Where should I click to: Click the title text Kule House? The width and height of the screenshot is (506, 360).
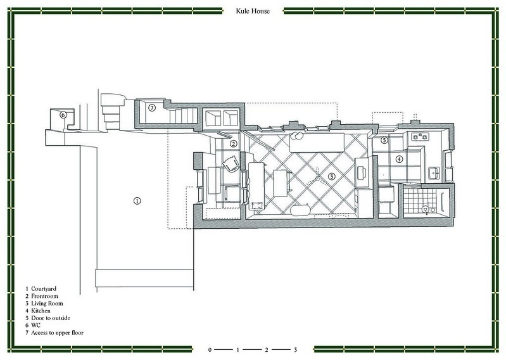pos(253,11)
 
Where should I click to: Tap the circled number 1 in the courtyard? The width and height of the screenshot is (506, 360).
pos(137,201)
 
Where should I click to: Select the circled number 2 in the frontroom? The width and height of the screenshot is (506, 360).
pos(233,144)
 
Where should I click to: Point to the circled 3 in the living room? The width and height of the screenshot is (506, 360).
pos(331,176)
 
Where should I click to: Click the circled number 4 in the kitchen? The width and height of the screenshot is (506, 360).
pos(400,159)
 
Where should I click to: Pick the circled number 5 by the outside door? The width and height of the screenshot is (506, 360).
pos(384,140)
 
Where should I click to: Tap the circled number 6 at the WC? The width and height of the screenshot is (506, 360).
pos(63,115)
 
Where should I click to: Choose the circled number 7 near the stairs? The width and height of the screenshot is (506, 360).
pos(152,108)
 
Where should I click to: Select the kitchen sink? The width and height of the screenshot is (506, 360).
pos(434,173)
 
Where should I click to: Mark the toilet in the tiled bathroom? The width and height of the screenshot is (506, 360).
pos(426,210)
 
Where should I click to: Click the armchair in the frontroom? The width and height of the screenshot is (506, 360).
pos(232,164)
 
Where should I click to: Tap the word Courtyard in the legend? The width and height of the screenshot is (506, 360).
pos(44,289)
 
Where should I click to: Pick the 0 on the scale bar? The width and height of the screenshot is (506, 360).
pos(210,350)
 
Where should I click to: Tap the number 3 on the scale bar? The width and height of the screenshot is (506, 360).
pos(295,350)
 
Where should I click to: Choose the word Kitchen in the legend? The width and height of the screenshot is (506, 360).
pos(41,311)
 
